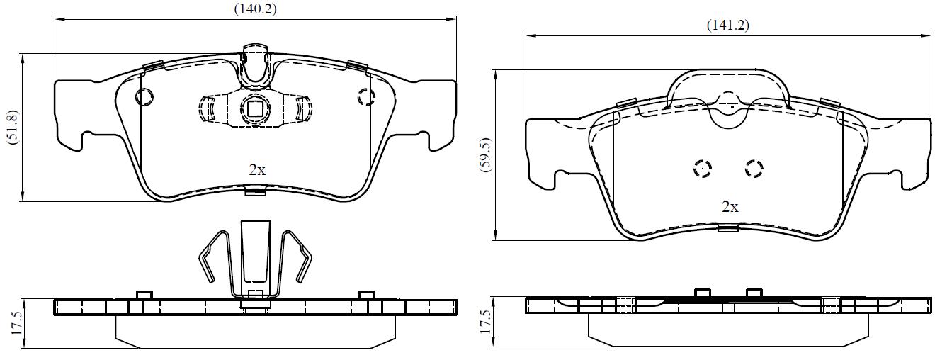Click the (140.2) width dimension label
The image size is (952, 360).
(x=256, y=9)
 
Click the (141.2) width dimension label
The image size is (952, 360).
(x=728, y=25)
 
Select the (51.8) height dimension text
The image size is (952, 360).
(x=13, y=128)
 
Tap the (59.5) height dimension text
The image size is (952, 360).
(x=485, y=154)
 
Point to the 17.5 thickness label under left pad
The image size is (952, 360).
(x=17, y=323)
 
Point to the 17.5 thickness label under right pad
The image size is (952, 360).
(x=485, y=322)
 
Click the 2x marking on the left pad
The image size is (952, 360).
(x=257, y=170)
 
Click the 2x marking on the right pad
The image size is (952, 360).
(x=730, y=207)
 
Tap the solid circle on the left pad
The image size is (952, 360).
(x=144, y=97)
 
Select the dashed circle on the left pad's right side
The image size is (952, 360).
(x=366, y=97)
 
